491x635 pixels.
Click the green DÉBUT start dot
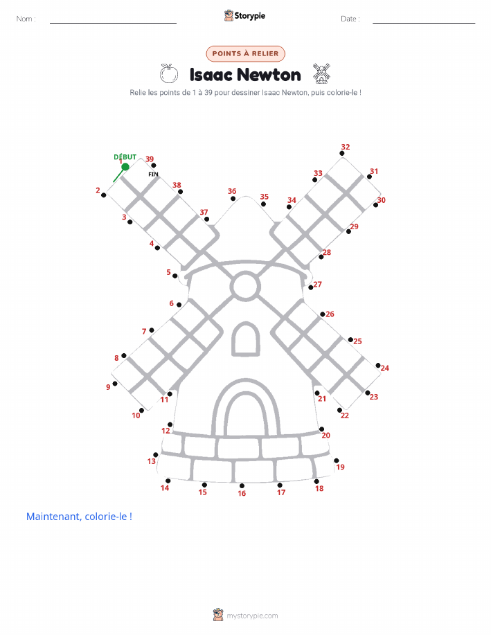(x=125, y=166)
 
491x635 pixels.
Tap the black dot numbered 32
(x=342, y=153)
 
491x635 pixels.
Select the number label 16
(x=242, y=493)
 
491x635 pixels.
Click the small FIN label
(x=153, y=174)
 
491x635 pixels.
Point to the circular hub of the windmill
(x=245, y=286)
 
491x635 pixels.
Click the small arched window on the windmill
(x=245, y=339)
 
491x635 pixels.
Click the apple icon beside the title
(x=169, y=73)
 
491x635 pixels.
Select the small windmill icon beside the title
(x=321, y=73)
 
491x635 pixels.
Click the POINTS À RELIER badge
(x=245, y=53)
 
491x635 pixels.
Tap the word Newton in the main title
(x=269, y=75)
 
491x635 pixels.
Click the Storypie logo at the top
(x=244, y=16)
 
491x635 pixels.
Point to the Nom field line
(x=113, y=23)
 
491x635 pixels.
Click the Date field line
(x=424, y=23)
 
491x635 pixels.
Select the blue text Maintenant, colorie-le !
(x=79, y=517)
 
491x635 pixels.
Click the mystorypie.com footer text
(x=252, y=616)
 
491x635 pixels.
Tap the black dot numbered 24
(x=378, y=366)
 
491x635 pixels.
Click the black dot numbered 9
(x=115, y=384)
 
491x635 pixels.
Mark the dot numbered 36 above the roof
(x=233, y=199)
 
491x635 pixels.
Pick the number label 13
(x=152, y=461)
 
